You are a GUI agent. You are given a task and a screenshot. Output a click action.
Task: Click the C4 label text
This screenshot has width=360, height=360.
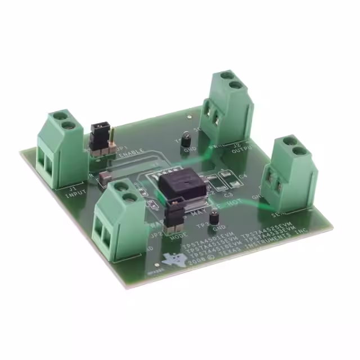pos(243,177)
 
